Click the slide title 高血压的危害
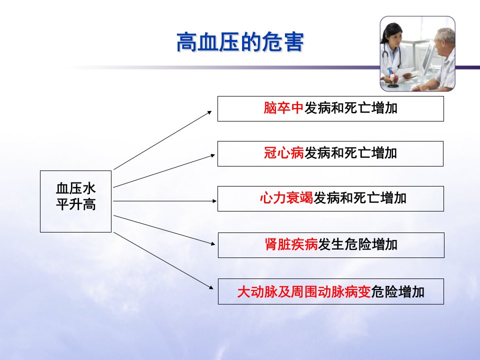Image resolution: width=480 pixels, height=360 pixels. click(x=240, y=42)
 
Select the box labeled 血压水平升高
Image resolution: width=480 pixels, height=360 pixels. click(x=75, y=201)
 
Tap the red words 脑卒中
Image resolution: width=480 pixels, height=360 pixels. click(x=283, y=108)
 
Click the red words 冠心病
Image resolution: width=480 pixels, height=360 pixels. click(x=284, y=153)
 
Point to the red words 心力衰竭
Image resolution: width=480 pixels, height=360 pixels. click(x=286, y=198)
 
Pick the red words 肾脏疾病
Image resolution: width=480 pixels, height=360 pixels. click(x=291, y=244)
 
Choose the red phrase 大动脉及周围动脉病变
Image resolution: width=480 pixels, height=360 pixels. click(x=304, y=291)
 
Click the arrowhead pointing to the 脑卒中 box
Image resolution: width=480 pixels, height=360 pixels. click(x=210, y=112)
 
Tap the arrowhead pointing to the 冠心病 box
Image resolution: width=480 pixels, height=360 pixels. click(x=213, y=156)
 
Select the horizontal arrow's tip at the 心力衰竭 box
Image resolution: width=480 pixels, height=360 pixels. click(x=216, y=201)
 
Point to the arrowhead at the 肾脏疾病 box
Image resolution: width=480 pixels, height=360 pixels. click(x=213, y=243)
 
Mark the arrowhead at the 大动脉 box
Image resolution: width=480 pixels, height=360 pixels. click(x=211, y=287)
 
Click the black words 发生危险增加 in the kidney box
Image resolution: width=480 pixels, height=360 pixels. click(x=357, y=244)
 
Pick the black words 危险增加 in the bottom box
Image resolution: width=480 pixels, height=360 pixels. click(x=397, y=291)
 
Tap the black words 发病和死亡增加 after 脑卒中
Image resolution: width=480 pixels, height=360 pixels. click(x=350, y=108)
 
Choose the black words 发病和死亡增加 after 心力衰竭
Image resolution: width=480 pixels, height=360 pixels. click(x=359, y=198)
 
